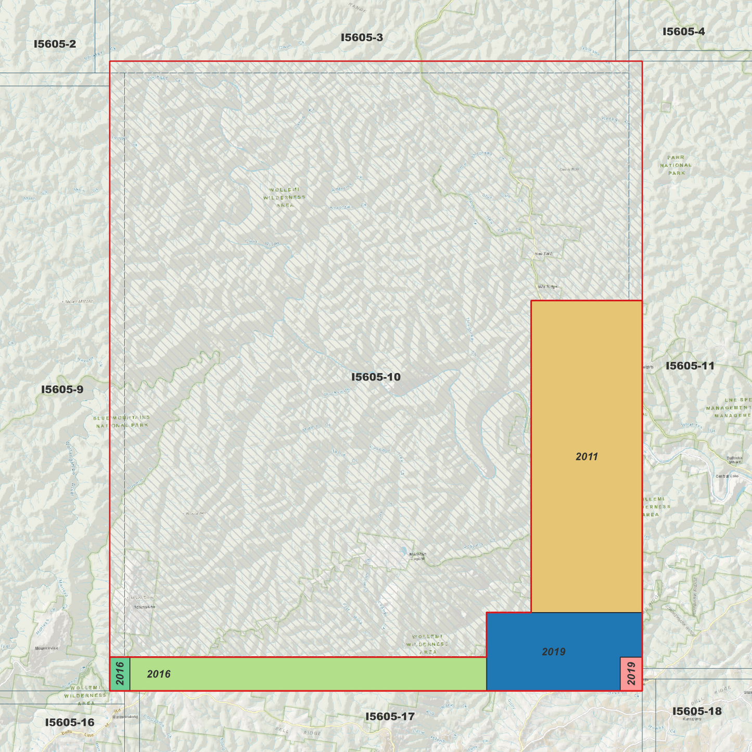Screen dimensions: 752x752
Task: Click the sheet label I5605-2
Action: (55, 44)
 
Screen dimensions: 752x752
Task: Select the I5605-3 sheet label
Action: (362, 37)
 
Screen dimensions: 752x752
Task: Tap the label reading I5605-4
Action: (683, 32)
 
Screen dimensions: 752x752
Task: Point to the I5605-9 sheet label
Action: (62, 390)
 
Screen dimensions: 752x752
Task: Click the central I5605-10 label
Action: (376, 377)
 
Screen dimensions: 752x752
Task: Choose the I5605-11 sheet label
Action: (690, 366)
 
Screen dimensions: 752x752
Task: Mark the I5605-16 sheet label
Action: (70, 722)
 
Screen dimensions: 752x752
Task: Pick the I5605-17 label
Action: (390, 717)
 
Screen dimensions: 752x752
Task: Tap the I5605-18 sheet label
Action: (697, 711)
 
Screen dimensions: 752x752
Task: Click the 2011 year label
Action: (587, 457)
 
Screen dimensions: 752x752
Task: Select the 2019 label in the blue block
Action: (553, 652)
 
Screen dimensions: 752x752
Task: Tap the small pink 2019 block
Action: (631, 673)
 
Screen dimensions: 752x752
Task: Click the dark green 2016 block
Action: (120, 673)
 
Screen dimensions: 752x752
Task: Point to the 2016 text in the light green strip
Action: (159, 674)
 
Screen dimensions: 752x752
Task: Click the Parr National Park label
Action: (676, 165)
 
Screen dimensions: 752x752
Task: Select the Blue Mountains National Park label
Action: (122, 422)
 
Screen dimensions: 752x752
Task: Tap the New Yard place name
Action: (543, 254)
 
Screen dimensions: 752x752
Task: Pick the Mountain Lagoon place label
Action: (417, 556)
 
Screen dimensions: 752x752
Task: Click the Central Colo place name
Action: (726, 476)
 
